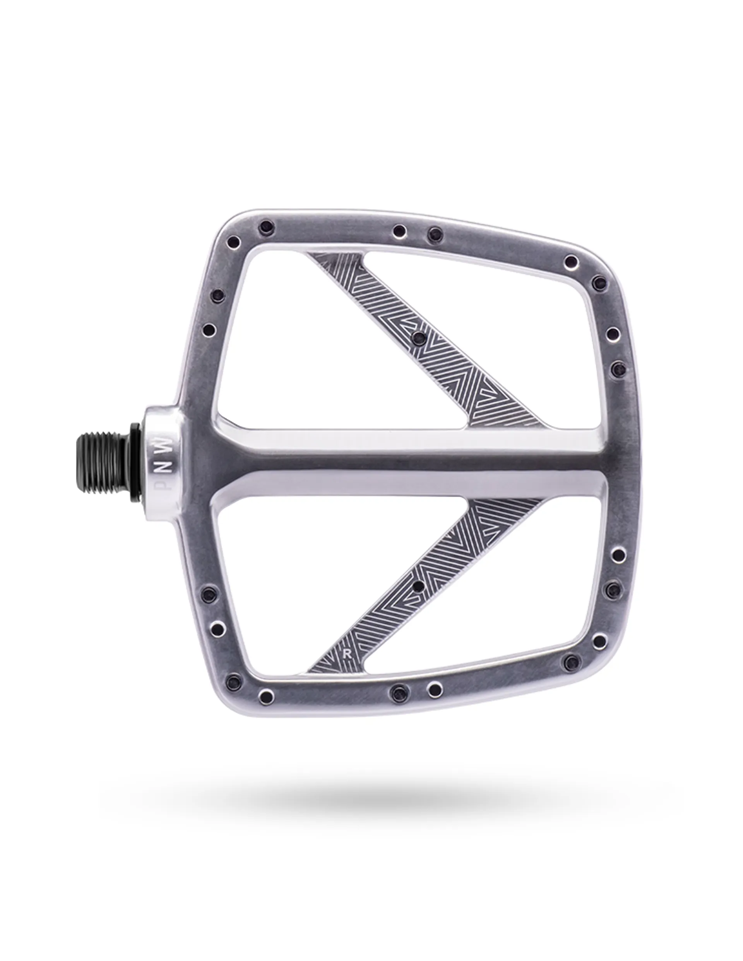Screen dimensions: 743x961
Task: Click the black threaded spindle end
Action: tap(104, 457)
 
